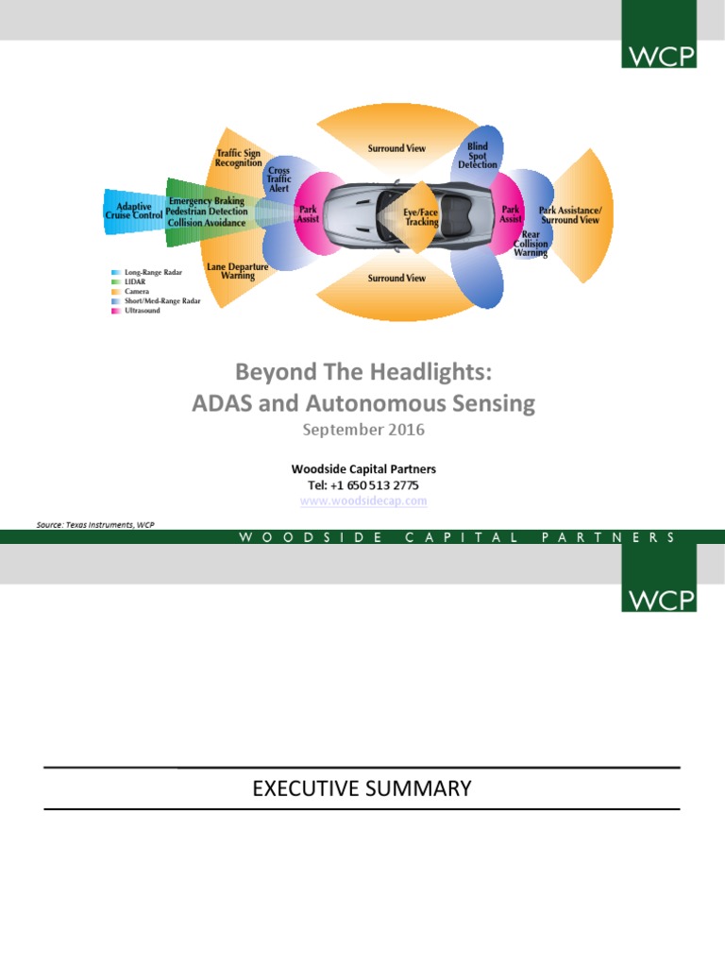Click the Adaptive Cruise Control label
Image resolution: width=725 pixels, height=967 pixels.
[x=133, y=212]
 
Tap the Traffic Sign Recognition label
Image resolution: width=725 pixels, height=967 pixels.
[x=238, y=158]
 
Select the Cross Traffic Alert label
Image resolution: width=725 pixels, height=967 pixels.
[x=278, y=179]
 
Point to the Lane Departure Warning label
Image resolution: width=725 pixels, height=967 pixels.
[x=237, y=272]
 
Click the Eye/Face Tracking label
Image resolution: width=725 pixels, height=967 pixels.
[x=421, y=217]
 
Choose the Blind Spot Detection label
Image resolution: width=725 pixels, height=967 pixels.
[x=478, y=156]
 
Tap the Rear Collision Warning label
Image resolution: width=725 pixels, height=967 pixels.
[x=531, y=244]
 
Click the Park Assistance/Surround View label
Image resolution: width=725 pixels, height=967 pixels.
[x=569, y=214]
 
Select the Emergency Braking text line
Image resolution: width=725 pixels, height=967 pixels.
[x=207, y=201]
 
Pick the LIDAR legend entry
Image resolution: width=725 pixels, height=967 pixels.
[x=137, y=281]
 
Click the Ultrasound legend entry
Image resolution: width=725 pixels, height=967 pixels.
[x=143, y=311]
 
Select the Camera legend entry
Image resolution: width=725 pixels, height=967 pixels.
[x=139, y=292]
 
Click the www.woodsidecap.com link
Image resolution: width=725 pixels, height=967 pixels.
[x=363, y=501]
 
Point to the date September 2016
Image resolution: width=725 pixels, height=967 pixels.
[x=363, y=430]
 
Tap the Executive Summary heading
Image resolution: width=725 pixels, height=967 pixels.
[x=362, y=789]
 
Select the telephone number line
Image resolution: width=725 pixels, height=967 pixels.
[x=363, y=484]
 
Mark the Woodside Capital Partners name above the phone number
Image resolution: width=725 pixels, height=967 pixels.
[x=363, y=468]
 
